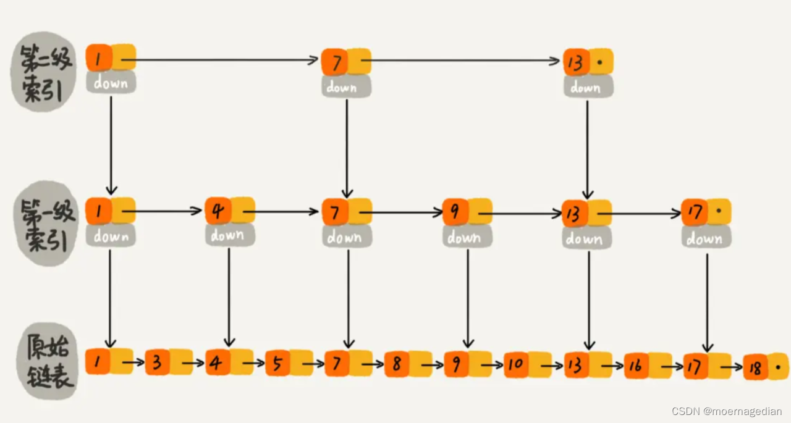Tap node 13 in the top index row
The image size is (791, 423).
point(576,62)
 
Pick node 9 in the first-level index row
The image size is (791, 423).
point(455,211)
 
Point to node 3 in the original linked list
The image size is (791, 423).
point(158,362)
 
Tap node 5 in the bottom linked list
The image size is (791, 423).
point(277,363)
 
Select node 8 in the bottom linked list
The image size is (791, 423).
point(396,364)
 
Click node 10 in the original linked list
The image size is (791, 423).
point(516,364)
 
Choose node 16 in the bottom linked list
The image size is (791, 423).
point(636,366)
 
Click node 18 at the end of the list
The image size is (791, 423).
point(755,367)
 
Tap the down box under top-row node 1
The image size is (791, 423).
point(111,83)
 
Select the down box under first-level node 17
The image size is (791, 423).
point(706,238)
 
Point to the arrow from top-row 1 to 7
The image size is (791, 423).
point(222,60)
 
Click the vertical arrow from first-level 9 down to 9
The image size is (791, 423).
point(468,296)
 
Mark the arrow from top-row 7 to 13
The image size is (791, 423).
point(463,61)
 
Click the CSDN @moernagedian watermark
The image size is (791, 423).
point(727,411)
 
